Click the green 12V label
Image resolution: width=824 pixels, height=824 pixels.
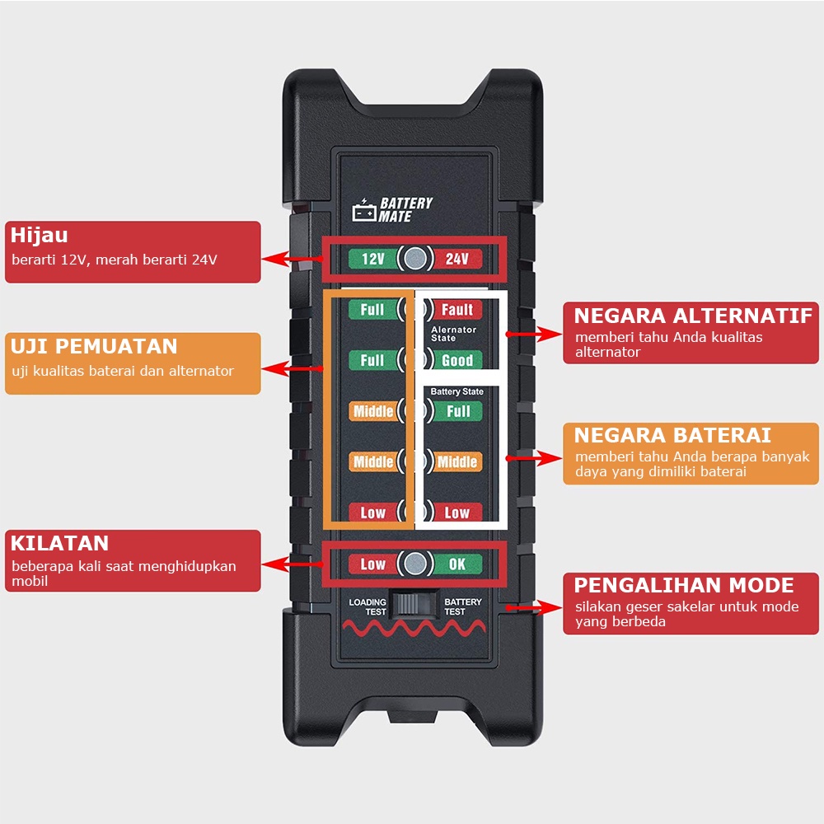373,259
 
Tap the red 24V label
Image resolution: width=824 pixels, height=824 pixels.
456,259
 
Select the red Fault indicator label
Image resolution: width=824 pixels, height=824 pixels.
456,310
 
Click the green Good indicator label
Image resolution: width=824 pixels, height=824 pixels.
456,360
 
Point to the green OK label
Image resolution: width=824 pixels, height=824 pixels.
456,564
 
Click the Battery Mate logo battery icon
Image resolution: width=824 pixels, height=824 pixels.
364,210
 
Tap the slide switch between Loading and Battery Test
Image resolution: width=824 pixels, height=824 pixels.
414,605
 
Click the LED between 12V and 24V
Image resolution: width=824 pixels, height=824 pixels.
415,258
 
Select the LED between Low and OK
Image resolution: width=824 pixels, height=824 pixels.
415,564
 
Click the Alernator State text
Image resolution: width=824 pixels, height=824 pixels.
453,334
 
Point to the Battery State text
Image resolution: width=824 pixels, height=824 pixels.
456,391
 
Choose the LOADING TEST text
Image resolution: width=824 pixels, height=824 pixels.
368,607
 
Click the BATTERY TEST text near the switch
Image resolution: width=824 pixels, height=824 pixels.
462,607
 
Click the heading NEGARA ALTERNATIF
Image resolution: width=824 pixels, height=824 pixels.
693,316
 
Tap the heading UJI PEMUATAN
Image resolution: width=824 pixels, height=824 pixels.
94,346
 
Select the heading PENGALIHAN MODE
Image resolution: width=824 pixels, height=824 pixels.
684,585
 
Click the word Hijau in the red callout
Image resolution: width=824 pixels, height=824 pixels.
40,236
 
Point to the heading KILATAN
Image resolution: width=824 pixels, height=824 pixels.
59,543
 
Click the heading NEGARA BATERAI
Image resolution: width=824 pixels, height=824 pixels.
672,436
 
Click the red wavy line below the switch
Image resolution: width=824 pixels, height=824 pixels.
414,627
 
